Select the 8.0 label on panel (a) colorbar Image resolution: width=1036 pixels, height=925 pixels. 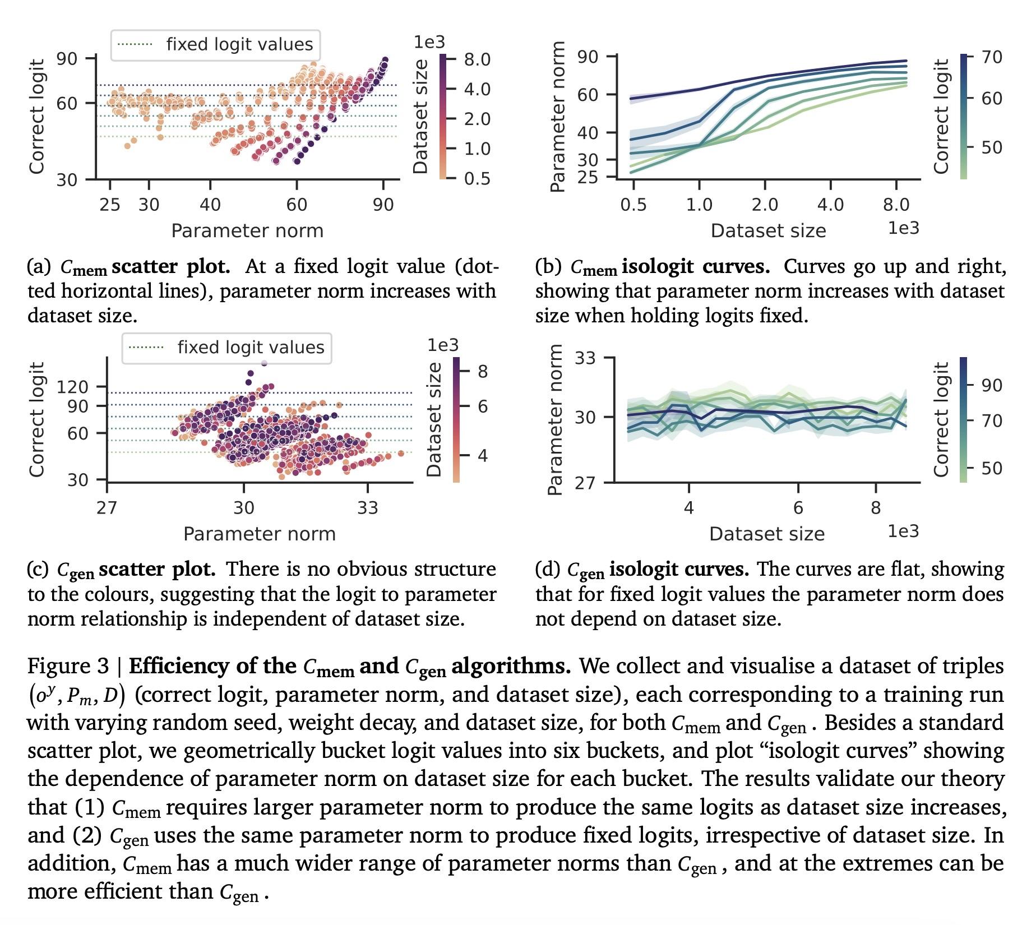click(x=477, y=59)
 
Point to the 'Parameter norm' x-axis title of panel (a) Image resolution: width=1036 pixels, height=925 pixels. click(x=247, y=231)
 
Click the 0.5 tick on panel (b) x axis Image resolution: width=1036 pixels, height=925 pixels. click(x=633, y=205)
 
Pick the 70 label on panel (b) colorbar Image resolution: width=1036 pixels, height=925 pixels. click(x=992, y=57)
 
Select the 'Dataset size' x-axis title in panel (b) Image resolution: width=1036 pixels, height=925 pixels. click(x=768, y=231)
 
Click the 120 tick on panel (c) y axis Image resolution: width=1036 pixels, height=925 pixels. click(x=73, y=387)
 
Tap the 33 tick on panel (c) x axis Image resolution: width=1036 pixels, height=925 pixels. click(x=368, y=508)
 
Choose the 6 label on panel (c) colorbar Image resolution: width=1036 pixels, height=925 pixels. click(x=482, y=406)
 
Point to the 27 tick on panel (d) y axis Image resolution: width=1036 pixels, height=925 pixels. click(x=585, y=483)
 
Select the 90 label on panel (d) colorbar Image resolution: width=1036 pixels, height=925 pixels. click(x=992, y=385)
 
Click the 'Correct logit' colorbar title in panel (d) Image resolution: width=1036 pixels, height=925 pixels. click(x=941, y=419)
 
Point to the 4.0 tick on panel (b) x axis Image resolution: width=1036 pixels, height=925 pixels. click(x=830, y=205)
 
